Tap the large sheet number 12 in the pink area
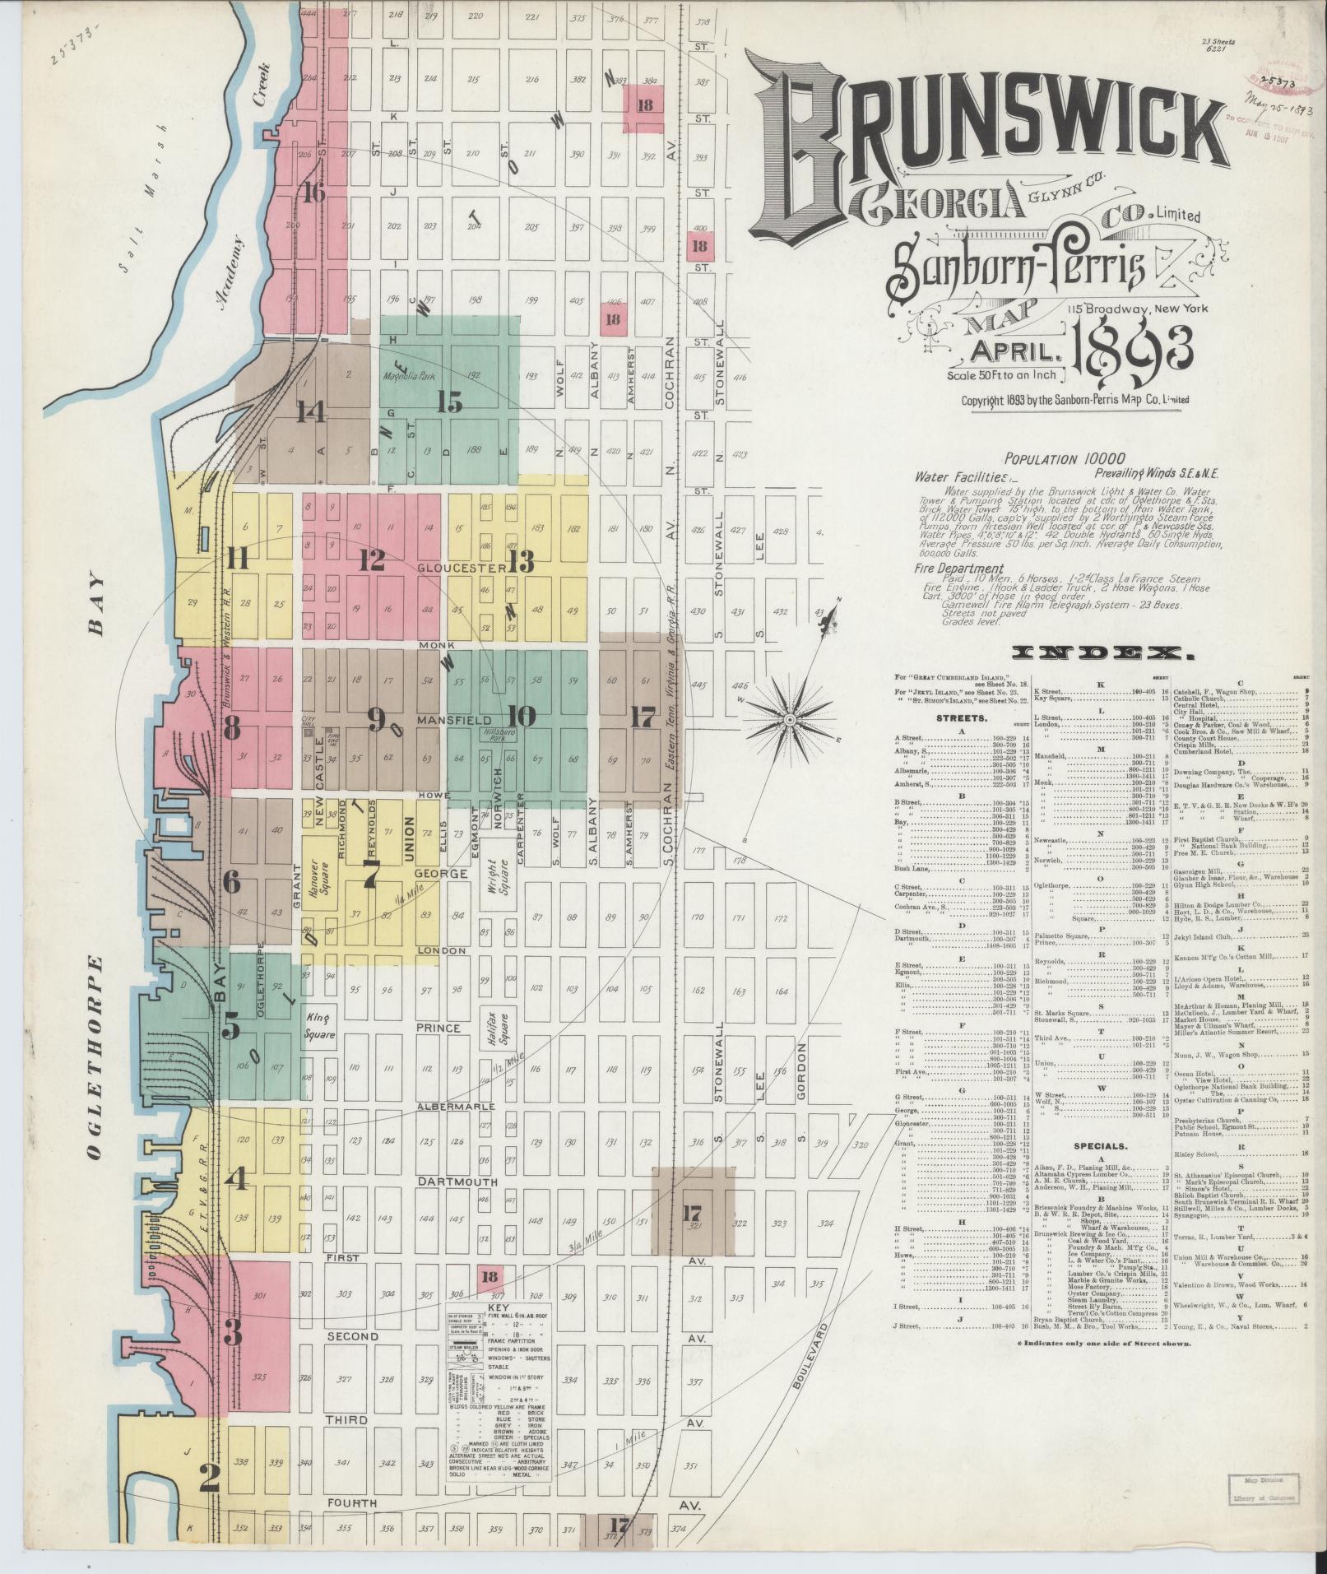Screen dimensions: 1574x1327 pos(372,561)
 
